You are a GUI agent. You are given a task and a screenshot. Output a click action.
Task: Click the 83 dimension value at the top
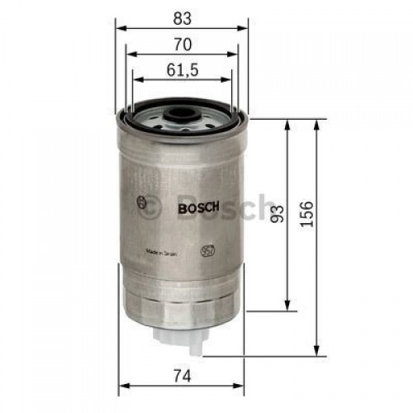183,14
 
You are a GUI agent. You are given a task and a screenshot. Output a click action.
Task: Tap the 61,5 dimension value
183,70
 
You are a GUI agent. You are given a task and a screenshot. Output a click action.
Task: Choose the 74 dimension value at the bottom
183,376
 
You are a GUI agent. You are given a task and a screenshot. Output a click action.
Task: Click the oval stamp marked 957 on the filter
209,247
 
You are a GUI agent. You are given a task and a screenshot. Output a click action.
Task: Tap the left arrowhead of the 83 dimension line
119,26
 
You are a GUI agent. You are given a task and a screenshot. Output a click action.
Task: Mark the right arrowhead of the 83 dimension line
244,26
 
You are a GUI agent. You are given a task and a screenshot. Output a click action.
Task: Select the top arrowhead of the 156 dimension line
317,122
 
